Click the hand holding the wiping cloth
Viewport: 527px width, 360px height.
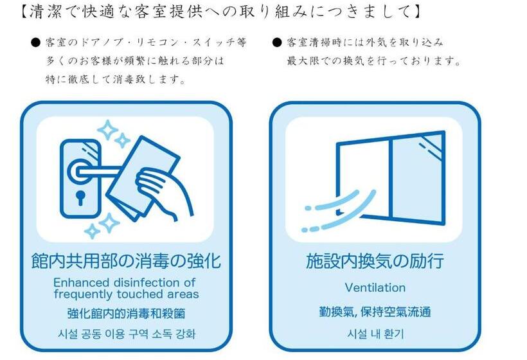tap(165, 192)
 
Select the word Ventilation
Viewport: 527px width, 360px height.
tap(375, 287)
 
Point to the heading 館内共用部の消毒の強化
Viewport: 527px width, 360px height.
tap(126, 260)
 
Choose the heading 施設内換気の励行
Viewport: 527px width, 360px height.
tap(375, 261)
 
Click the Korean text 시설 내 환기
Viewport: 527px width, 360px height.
tap(375, 334)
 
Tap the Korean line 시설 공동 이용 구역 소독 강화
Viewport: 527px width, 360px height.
tap(126, 334)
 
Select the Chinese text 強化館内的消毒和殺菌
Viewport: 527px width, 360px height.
tap(126, 314)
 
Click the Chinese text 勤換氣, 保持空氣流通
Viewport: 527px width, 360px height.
tap(375, 312)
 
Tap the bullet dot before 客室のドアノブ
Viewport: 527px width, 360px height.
tap(36, 43)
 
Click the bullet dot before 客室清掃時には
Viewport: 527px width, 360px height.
tap(277, 43)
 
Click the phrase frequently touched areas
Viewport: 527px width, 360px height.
tap(126, 294)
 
